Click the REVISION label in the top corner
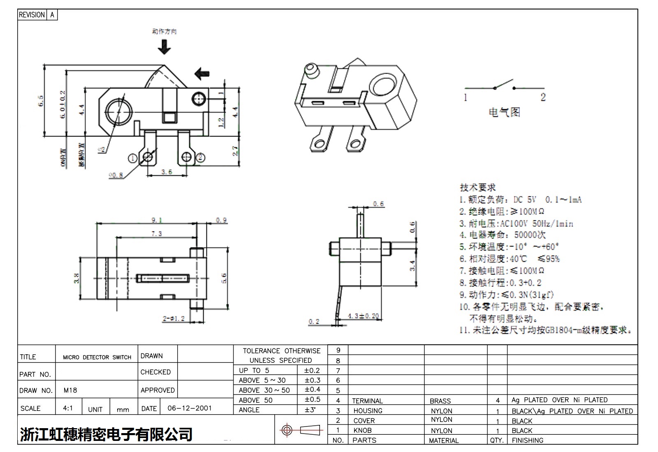click(32, 15)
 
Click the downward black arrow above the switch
click(164, 47)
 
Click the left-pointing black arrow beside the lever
click(202, 74)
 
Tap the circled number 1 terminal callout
click(133, 158)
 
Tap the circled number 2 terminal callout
click(201, 157)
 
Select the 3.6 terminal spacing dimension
click(167, 172)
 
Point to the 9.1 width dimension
click(157, 220)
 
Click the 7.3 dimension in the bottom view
click(157, 233)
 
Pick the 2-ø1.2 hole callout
click(174, 318)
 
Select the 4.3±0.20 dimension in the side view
click(363, 316)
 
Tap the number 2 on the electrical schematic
click(543, 97)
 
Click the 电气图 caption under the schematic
click(504, 112)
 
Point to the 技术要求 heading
click(477, 187)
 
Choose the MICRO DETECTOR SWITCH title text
click(97, 357)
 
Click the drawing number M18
click(70, 390)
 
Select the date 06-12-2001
click(190, 408)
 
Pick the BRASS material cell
click(440, 401)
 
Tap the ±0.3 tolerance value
click(313, 380)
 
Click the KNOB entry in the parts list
click(362, 430)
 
